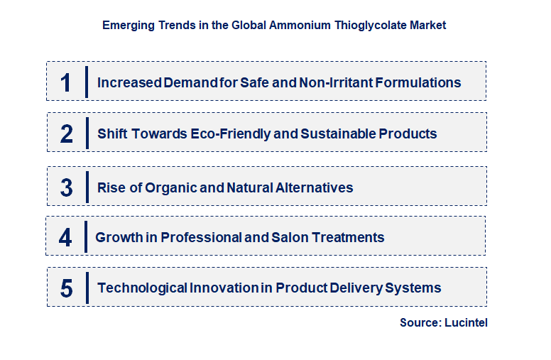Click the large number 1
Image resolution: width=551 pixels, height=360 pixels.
(66, 82)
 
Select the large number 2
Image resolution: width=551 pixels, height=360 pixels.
(67, 133)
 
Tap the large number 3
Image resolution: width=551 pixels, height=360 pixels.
(67, 188)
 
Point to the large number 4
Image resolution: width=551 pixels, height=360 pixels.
(65, 237)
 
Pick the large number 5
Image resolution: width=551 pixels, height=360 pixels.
(67, 288)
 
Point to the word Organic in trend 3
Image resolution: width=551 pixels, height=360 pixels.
(170, 188)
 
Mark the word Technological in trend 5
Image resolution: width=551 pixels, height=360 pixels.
(142, 288)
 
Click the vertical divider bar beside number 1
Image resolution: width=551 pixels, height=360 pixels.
(86, 82)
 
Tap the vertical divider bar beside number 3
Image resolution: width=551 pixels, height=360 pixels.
(87, 188)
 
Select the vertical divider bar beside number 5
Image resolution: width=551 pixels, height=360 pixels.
(87, 288)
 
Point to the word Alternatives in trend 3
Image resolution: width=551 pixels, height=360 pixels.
(310, 188)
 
